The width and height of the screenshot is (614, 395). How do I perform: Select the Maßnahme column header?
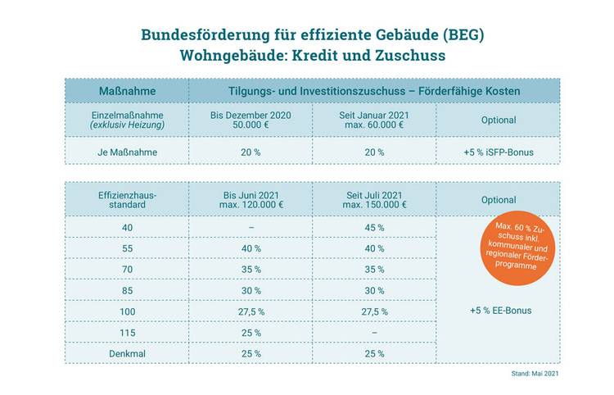click(x=127, y=90)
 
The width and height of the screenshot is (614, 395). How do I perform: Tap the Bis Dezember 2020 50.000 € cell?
click(x=251, y=120)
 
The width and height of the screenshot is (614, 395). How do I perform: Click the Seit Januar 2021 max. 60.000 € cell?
click(x=374, y=120)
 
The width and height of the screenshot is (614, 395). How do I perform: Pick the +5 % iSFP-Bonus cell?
click(x=498, y=152)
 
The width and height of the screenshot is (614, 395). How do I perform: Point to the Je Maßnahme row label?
click(x=127, y=152)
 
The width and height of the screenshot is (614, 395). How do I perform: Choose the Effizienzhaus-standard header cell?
click(x=127, y=199)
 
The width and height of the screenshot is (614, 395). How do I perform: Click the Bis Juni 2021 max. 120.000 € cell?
click(x=251, y=199)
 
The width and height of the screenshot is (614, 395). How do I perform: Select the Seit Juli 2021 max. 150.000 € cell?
click(x=374, y=199)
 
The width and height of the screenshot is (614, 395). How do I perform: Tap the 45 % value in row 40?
click(x=374, y=228)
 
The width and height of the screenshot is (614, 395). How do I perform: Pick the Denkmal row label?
click(x=127, y=353)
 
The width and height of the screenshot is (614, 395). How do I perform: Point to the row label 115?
click(x=127, y=333)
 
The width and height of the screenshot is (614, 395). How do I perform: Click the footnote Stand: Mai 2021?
click(x=534, y=374)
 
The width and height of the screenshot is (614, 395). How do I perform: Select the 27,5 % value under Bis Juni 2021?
click(x=251, y=311)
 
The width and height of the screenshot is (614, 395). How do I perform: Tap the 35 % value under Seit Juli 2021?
click(x=374, y=270)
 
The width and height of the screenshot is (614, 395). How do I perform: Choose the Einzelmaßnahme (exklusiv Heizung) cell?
click(x=127, y=120)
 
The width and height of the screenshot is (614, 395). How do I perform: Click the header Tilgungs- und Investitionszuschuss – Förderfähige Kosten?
click(x=374, y=90)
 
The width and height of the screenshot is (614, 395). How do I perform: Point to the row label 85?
click(x=127, y=290)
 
